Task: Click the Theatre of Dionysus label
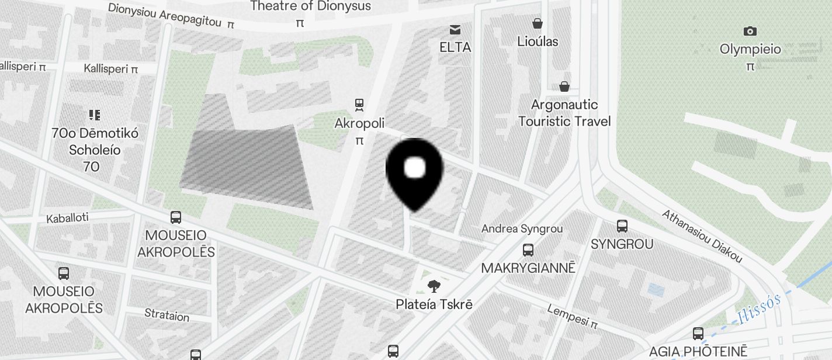[310, 6]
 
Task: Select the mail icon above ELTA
[455, 29]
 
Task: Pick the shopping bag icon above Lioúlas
[538, 23]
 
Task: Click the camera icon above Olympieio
[750, 31]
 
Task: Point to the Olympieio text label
[750, 49]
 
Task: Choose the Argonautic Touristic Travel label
[564, 113]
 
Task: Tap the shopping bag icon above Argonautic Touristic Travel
[564, 86]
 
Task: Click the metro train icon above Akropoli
[359, 105]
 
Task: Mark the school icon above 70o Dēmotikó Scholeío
[95, 115]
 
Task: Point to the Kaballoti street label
[67, 218]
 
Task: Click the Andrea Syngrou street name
[522, 229]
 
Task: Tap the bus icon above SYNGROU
[622, 226]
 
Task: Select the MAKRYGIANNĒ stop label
[528, 268]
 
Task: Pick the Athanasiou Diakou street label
[702, 236]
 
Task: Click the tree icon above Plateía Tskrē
[434, 286]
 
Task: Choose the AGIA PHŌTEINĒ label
[698, 351]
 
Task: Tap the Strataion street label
[167, 316]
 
